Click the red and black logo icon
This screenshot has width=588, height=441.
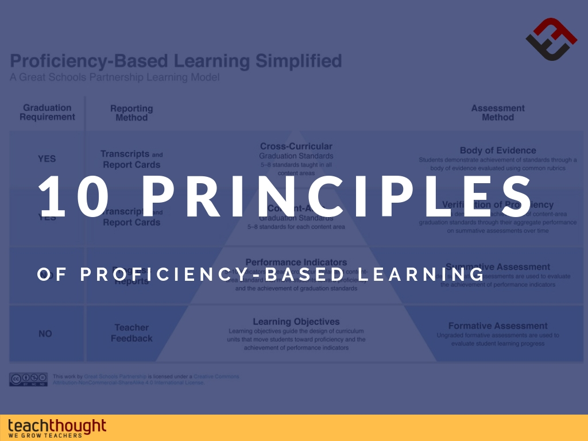pyautogui.click(x=551, y=38)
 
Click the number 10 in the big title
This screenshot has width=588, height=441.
pyautogui.click(x=75, y=196)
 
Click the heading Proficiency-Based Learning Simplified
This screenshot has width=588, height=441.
pyautogui.click(x=176, y=61)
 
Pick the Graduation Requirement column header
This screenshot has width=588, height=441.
pyautogui.click(x=47, y=113)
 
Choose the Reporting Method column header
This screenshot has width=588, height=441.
pyautogui.click(x=131, y=113)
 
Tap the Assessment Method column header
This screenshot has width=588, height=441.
pyautogui.click(x=498, y=113)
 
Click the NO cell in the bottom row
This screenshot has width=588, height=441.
pyautogui.click(x=45, y=334)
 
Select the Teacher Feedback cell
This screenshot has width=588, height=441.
pyautogui.click(x=131, y=333)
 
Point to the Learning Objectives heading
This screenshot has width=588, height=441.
pyautogui.click(x=296, y=322)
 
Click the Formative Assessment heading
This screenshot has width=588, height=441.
pyautogui.click(x=498, y=326)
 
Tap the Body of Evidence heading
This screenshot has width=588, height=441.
pyautogui.click(x=498, y=150)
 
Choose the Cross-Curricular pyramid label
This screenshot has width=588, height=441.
pyautogui.click(x=296, y=146)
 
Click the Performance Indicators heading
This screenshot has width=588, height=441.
pyautogui.click(x=296, y=262)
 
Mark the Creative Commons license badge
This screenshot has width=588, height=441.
pyautogui.click(x=28, y=379)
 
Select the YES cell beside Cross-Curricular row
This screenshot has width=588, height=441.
pyautogui.click(x=47, y=159)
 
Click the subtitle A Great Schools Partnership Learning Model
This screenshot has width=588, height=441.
pyautogui.click(x=114, y=77)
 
